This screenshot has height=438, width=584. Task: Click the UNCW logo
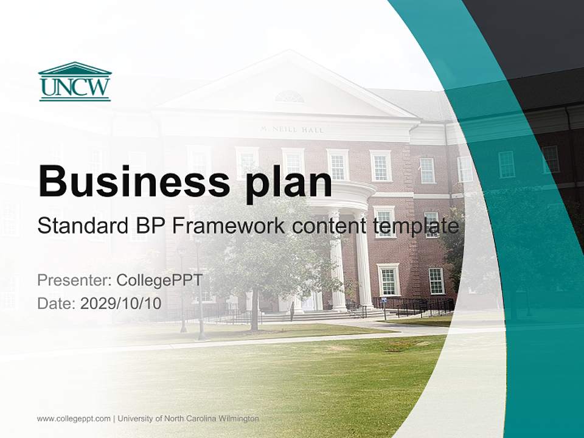coord(74,82)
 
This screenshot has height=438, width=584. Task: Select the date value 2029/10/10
coord(121,304)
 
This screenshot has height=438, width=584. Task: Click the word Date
coord(56,304)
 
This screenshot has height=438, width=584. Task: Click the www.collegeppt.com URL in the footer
coord(74,419)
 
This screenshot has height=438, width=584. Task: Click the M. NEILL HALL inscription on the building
coord(292,130)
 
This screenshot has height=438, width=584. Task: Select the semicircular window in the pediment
coord(290,97)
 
